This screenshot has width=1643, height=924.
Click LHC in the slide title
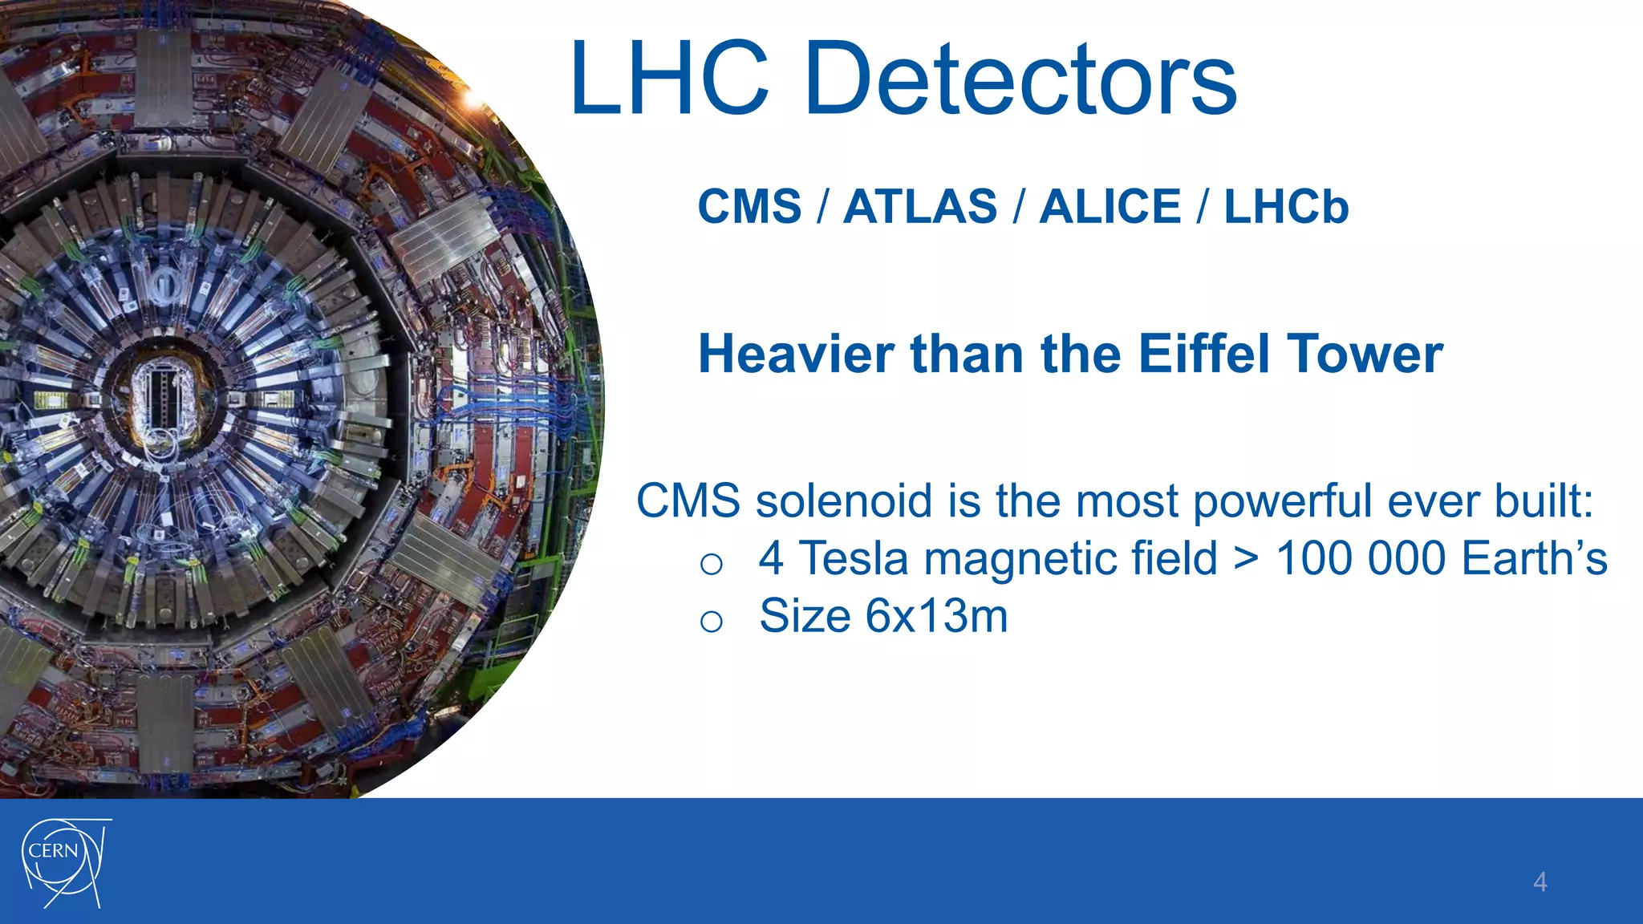(x=671, y=80)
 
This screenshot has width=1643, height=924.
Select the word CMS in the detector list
(x=749, y=207)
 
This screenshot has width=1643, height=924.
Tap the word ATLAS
(x=920, y=207)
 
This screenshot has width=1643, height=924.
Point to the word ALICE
(x=1110, y=207)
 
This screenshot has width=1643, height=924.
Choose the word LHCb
(x=1286, y=207)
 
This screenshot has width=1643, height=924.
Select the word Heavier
(x=796, y=354)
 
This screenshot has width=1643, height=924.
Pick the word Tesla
(x=854, y=558)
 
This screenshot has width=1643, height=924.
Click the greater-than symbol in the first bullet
(x=1246, y=559)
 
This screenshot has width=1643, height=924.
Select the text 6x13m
(x=936, y=616)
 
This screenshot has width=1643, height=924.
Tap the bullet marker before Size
(x=711, y=620)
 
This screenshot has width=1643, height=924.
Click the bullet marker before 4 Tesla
(x=711, y=563)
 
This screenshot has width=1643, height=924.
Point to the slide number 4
(x=1540, y=882)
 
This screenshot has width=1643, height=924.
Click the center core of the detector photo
(x=164, y=394)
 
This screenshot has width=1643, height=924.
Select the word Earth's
(x=1534, y=558)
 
